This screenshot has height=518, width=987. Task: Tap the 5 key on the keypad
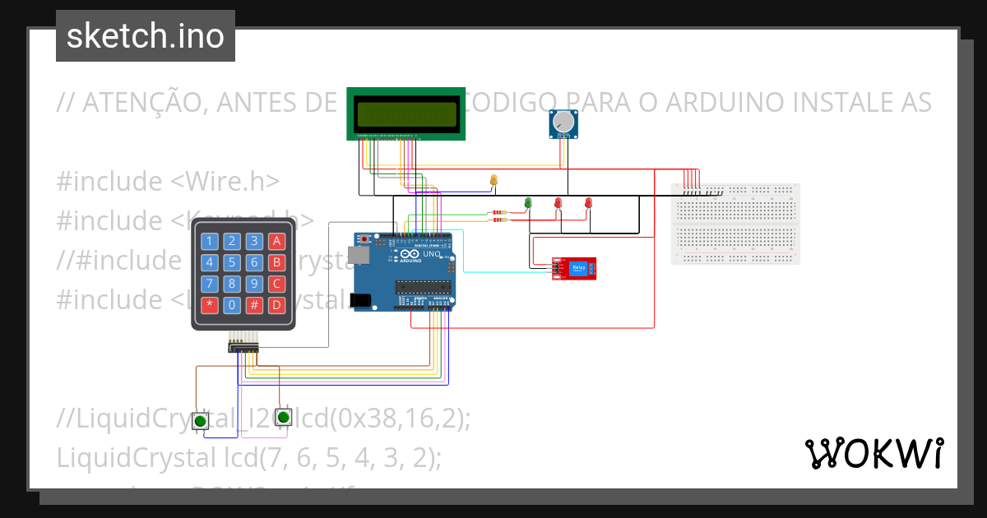point(234,263)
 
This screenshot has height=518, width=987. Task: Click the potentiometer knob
point(563,123)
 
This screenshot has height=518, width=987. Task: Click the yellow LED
point(493,179)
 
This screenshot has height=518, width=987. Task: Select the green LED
point(528,202)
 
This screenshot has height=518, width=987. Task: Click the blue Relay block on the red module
point(579,268)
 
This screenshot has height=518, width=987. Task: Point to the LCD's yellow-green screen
point(405,113)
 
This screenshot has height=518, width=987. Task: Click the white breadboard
point(735,224)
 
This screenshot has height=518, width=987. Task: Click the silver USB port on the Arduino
point(358,256)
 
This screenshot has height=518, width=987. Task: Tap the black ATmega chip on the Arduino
point(423,287)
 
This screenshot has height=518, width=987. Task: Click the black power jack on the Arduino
point(359,301)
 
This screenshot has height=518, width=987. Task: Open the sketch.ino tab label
point(145,36)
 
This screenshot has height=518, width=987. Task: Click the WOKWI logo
point(873,453)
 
